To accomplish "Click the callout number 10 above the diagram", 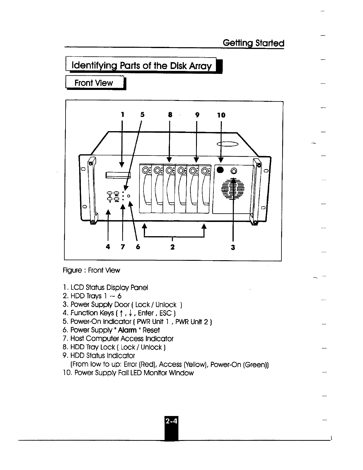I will point(221,115).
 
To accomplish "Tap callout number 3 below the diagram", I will point(233,247).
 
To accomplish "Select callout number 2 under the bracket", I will point(172,247).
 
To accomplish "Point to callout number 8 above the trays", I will point(170,115).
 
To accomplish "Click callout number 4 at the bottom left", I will point(108,247).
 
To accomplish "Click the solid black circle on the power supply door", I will point(220,170).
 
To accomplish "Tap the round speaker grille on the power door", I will point(233,189).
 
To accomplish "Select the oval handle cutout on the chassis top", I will point(228,144).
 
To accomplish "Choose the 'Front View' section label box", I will point(94,83).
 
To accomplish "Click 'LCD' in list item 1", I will point(77,288).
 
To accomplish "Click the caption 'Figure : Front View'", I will point(91,270).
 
